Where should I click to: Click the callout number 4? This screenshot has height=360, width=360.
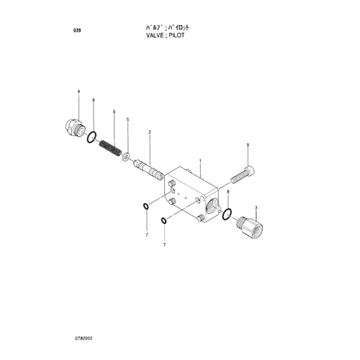pos(78,91)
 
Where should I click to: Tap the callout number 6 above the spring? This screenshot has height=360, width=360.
pos(114,112)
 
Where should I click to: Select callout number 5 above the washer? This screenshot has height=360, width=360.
pos(127,120)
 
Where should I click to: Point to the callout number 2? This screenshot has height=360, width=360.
pos(150,132)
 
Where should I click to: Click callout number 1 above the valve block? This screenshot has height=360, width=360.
pos(200,161)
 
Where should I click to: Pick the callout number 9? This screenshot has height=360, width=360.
pos(248,145)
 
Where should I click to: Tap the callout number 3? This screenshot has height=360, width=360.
pos(256,207)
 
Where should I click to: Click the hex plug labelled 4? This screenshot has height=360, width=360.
pos(74,127)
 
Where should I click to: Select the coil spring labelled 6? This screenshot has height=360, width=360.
pos(110,148)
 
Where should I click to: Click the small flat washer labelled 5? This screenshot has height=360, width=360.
pos(125,157)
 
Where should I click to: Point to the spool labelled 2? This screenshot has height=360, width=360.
pos(148,170)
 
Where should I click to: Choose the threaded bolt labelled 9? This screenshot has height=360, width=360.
pos(243,175)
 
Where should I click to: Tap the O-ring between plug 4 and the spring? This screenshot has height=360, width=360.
pos(91,138)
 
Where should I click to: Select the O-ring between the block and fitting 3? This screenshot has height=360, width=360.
pos(227,215)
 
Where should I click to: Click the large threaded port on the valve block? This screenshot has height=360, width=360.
pos(212,204)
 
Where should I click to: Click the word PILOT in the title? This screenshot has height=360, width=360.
pos(176,35)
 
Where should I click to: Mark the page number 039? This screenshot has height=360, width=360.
pos(77,30)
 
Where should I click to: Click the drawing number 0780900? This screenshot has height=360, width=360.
pos(84,338)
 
